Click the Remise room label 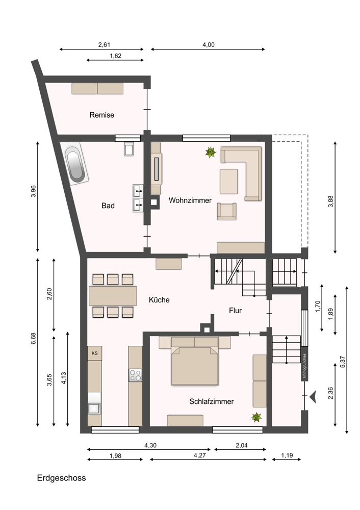[x=102, y=115]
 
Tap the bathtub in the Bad [x=74, y=164]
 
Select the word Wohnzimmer [x=190, y=200]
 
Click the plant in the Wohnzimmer [x=211, y=152]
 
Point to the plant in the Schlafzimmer [x=256, y=417]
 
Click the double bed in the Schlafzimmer [x=195, y=366]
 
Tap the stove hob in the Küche [x=135, y=375]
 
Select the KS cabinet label [x=95, y=353]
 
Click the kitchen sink [x=94, y=408]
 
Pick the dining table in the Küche [x=113, y=296]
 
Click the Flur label [x=235, y=311]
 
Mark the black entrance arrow [x=313, y=397]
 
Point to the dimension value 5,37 [x=343, y=362]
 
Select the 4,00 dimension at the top [x=209, y=45]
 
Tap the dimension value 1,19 [x=287, y=455]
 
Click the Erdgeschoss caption [x=62, y=478]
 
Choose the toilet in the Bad [x=129, y=148]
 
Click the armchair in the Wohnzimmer [x=227, y=212]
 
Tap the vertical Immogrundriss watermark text [x=304, y=367]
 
